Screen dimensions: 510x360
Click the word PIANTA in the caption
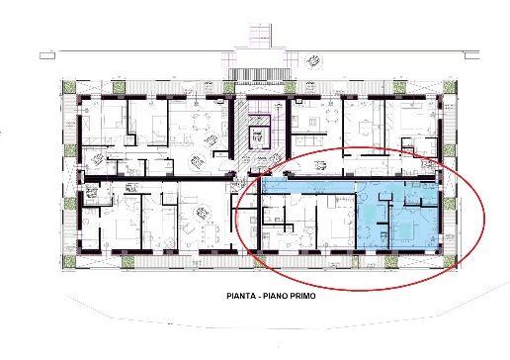click(241, 296)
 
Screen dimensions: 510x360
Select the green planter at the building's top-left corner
click(69, 87)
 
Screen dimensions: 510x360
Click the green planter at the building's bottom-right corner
click(449, 261)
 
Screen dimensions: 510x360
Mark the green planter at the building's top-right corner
click(449, 87)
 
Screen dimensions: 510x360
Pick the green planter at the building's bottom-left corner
click(69, 261)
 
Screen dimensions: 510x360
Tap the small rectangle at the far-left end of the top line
click(47, 55)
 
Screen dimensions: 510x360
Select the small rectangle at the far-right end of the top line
click(471, 55)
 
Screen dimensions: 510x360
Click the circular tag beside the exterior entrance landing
click(313, 62)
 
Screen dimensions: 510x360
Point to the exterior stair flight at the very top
click(261, 36)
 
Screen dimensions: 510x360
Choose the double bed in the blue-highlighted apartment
click(405, 230)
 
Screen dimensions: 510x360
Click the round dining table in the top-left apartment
click(202, 122)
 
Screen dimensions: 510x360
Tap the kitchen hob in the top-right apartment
click(313, 123)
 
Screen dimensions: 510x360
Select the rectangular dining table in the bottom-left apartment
click(210, 231)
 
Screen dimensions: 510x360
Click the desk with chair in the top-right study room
click(365, 128)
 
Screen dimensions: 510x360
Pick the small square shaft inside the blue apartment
click(384, 196)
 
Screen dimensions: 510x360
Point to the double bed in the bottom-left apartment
click(127, 228)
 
